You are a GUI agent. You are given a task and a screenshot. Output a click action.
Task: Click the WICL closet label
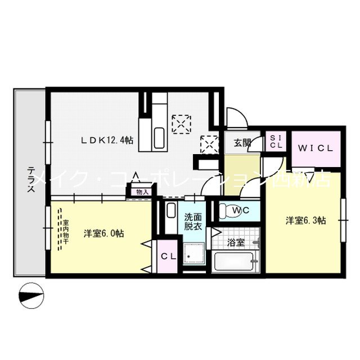[316, 148]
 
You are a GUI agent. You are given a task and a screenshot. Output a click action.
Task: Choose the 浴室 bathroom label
[235, 244]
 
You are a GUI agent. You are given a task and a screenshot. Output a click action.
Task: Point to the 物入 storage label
[142, 192]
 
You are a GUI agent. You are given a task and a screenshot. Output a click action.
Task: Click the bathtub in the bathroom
[235, 262]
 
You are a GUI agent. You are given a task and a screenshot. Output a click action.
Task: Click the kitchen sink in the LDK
[158, 137]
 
